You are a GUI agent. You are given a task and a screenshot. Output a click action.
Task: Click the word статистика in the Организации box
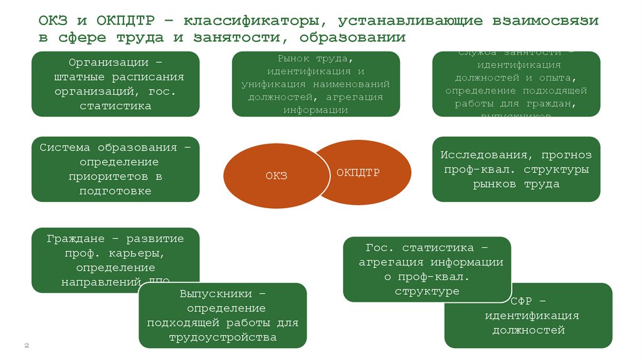(x=115, y=106)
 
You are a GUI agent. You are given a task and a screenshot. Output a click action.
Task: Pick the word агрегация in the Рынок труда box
(x=355, y=97)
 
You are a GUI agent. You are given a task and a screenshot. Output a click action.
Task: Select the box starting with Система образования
(x=115, y=169)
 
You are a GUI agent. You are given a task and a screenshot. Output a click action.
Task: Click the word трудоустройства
(x=223, y=337)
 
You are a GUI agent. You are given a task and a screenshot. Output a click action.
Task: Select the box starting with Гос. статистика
(x=426, y=270)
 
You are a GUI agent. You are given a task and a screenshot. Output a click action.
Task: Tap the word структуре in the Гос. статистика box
(x=427, y=291)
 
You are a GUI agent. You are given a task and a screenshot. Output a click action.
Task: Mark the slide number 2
(x=27, y=346)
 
